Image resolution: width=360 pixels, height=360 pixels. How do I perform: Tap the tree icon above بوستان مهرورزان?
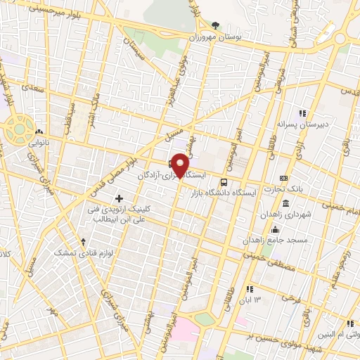pyautogui.click(x=216, y=25)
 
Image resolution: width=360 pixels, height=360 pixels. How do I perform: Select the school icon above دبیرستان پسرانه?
pyautogui.click(x=302, y=113)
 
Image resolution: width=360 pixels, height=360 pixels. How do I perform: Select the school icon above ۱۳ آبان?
pyautogui.click(x=250, y=289)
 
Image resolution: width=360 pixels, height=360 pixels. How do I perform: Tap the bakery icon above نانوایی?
pyautogui.click(x=39, y=131)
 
